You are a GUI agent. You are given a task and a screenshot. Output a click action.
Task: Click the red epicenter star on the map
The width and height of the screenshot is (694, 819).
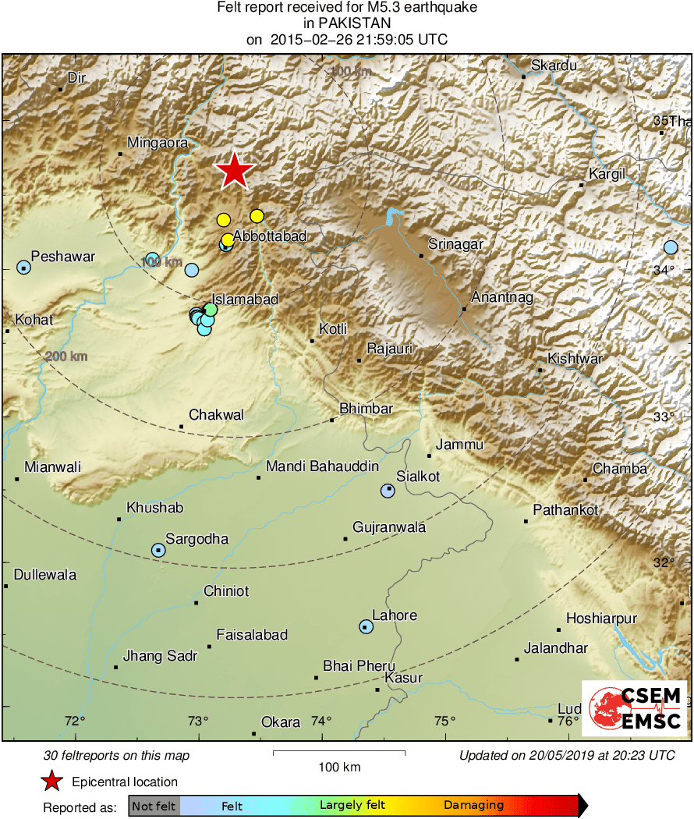[x=234, y=171]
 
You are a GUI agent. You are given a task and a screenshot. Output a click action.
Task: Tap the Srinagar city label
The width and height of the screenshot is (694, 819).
[x=456, y=245]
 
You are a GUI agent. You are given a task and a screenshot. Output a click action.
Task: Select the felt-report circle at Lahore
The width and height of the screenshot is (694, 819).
[x=366, y=626]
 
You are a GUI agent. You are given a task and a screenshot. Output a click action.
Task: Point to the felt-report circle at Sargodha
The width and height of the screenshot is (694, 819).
[x=158, y=550]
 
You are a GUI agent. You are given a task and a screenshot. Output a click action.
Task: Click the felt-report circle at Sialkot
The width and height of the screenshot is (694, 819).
[x=388, y=491]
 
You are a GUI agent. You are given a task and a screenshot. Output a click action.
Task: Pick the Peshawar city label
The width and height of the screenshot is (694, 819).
[x=62, y=257]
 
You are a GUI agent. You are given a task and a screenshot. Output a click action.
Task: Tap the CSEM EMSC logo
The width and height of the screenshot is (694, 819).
[x=634, y=708]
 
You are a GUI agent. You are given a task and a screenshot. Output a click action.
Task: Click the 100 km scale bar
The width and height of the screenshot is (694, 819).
[x=339, y=753]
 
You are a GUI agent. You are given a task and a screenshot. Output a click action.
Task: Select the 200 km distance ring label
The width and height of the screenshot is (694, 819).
[x=66, y=356]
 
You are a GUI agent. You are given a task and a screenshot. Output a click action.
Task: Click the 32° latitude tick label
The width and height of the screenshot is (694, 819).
[x=664, y=562]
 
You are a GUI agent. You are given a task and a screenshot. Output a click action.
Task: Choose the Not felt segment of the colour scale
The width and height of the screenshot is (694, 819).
[x=154, y=806]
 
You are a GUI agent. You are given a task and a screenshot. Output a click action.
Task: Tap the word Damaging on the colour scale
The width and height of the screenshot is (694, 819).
[x=474, y=806]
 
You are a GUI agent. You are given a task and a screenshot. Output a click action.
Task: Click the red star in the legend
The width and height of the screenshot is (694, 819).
[x=51, y=782]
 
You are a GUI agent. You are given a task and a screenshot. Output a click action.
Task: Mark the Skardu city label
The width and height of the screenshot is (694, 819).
[x=554, y=66]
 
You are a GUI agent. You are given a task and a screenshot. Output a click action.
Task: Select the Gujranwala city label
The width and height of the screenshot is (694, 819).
[x=389, y=527]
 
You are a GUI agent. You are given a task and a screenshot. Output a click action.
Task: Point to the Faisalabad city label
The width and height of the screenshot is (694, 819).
[x=252, y=635]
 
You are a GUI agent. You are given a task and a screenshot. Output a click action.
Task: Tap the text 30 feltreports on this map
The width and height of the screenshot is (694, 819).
[x=117, y=755]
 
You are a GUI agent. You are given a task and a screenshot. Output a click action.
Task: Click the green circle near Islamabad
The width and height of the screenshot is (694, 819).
[x=211, y=310]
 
